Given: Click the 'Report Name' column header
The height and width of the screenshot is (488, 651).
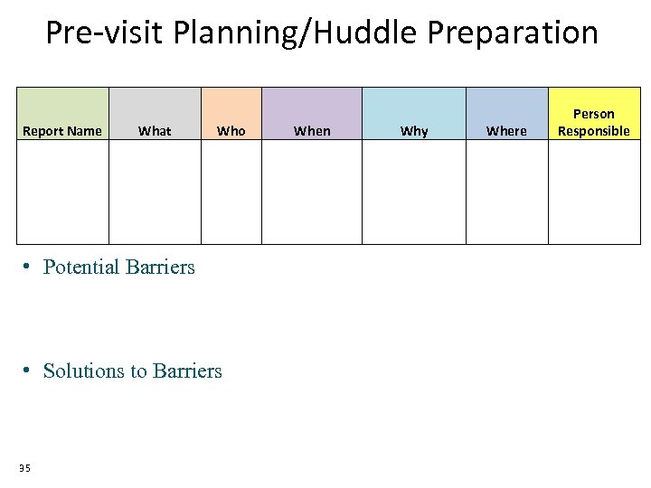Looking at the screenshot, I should click(62, 131).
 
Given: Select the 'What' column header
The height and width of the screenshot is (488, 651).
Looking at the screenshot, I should click(155, 131).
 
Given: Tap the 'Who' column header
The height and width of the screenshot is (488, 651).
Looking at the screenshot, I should click(231, 131).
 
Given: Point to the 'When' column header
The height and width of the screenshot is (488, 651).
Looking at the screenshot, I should click(312, 131).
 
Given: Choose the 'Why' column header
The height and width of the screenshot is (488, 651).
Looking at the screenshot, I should click(414, 131).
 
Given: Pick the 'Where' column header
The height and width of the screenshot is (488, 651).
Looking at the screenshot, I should click(506, 131).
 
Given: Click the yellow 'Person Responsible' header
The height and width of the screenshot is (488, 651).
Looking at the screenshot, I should click(593, 122).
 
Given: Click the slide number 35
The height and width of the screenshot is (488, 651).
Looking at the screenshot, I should click(24, 467).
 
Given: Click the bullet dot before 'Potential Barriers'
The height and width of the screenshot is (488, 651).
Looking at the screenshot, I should click(29, 267).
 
